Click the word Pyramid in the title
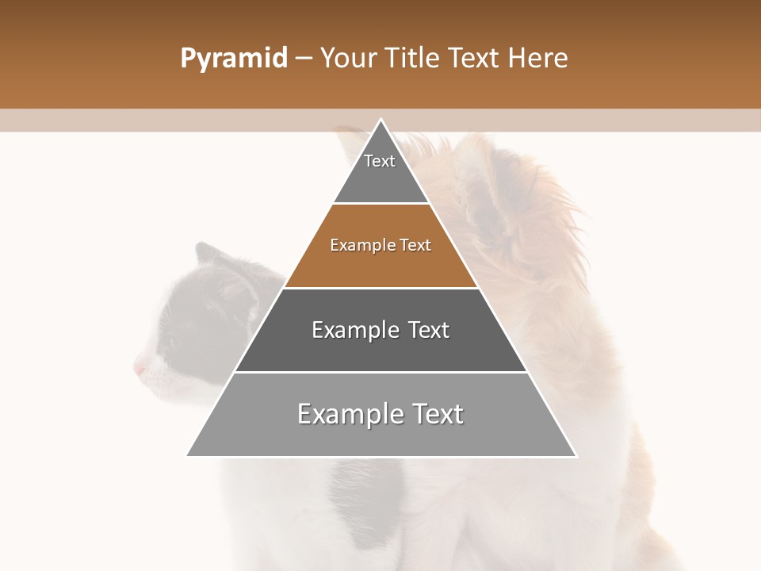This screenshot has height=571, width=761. click(x=233, y=59)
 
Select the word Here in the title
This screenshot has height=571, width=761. click(x=538, y=59)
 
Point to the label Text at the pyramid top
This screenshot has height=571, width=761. click(x=380, y=161)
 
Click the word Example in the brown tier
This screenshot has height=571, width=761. click(x=359, y=246)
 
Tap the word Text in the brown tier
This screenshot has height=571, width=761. click(x=415, y=246)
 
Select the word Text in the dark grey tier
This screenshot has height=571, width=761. click(x=428, y=330)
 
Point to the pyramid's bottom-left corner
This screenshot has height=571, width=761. click(x=187, y=456)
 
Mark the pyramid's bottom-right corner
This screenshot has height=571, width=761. click(x=576, y=456)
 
